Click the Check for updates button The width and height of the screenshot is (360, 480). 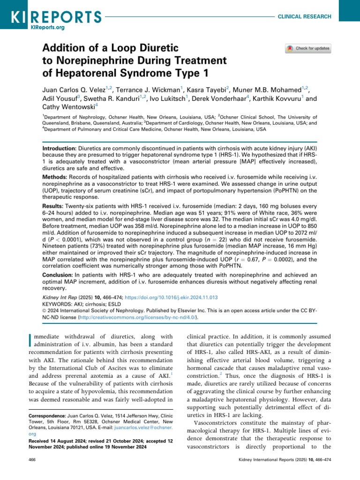tap(308, 48)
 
